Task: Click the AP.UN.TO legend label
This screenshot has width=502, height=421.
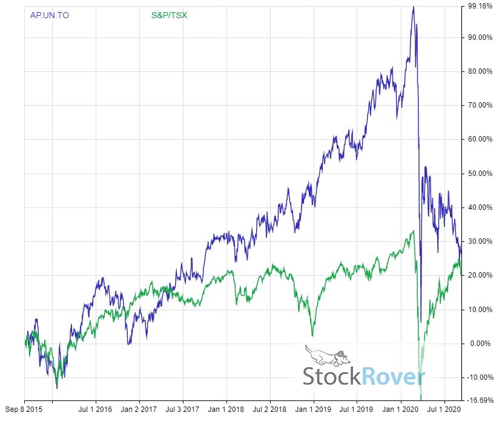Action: pos(50,15)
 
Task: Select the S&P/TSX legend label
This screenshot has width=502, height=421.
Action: pos(169,15)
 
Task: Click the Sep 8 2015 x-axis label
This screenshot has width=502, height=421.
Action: pos(25,409)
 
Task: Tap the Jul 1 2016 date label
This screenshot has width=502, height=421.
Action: pos(96,409)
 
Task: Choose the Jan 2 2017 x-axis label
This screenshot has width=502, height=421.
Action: pos(139,409)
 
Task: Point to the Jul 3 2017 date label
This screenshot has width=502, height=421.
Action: pos(183,409)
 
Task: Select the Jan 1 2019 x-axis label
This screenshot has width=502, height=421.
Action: pos(314,409)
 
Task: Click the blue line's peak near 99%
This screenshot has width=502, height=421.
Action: pos(413,7)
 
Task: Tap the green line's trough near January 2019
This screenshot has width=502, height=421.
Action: pos(312,335)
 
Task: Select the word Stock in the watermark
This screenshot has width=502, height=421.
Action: pos(332,376)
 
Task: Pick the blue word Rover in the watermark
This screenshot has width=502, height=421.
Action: pos(393,376)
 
